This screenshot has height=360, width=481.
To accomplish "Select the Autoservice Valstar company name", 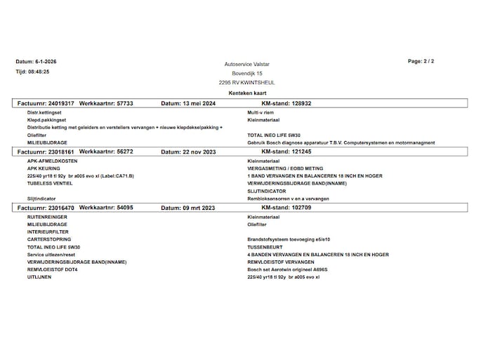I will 246,64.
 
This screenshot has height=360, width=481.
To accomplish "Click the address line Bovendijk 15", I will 247,73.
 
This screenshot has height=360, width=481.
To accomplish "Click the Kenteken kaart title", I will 247,93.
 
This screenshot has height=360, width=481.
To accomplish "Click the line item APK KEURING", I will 44,168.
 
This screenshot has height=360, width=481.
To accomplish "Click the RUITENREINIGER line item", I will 47,218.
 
